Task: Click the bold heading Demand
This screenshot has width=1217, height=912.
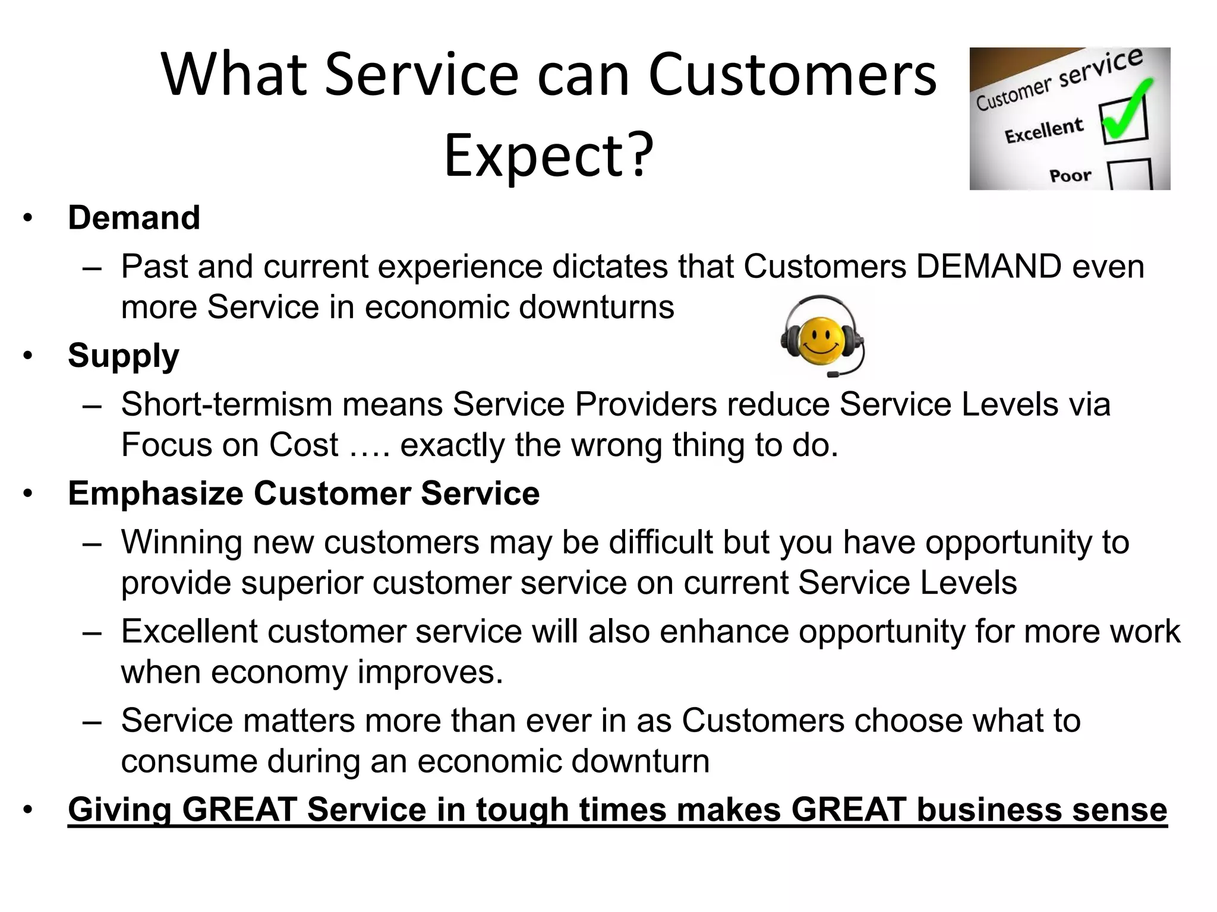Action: point(134,217)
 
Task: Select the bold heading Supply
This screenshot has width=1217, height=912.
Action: point(123,356)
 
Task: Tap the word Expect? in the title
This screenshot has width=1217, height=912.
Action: point(548,156)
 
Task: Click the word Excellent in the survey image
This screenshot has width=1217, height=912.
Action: point(1043,131)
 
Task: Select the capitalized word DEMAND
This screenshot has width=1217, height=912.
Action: point(988,266)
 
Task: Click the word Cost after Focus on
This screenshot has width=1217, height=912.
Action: point(304,445)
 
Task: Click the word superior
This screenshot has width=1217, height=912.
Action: point(301,582)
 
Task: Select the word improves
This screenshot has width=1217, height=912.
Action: point(430,672)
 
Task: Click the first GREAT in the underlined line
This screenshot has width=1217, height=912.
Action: point(239,810)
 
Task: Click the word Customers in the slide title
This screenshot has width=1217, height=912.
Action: point(792,75)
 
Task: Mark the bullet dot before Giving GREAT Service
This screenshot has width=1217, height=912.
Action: point(28,810)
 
